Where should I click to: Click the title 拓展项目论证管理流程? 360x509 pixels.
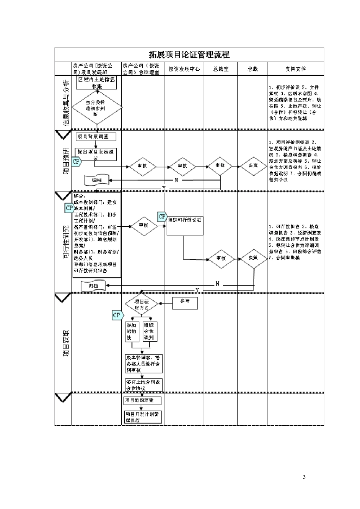189,55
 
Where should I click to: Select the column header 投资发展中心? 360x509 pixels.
184,69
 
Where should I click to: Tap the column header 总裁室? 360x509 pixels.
221,69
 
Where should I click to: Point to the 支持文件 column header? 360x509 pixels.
296,69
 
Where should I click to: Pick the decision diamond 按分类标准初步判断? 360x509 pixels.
97,108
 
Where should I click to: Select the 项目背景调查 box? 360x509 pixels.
96,136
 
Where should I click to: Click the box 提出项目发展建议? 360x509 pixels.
96,153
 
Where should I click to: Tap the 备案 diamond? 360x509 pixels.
253,166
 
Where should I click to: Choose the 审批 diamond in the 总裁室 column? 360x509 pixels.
220,166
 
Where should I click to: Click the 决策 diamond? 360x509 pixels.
253,258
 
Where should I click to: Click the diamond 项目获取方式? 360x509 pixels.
142,305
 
